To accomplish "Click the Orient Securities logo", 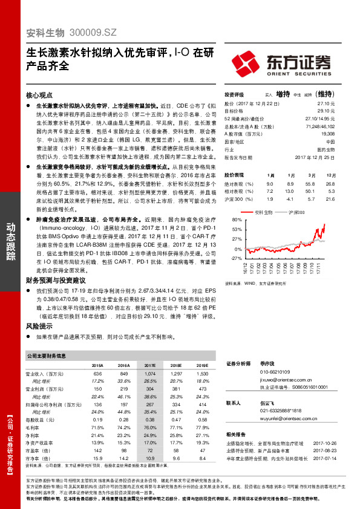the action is tap(282, 62).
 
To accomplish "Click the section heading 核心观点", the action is tap(41, 96).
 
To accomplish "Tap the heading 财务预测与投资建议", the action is tap(56, 280).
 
